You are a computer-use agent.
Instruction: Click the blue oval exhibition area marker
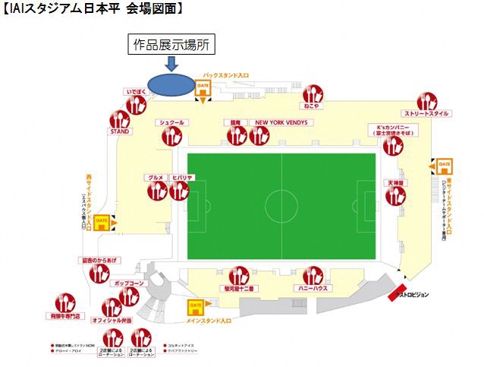[168, 84]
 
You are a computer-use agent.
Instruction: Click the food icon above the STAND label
[120, 119]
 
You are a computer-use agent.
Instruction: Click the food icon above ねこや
[311, 96]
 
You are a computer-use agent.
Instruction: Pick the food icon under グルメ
[157, 190]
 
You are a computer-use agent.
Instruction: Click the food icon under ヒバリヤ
[181, 190]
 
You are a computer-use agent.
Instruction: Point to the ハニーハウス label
[312, 289]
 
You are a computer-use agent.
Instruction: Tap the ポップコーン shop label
[127, 282]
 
